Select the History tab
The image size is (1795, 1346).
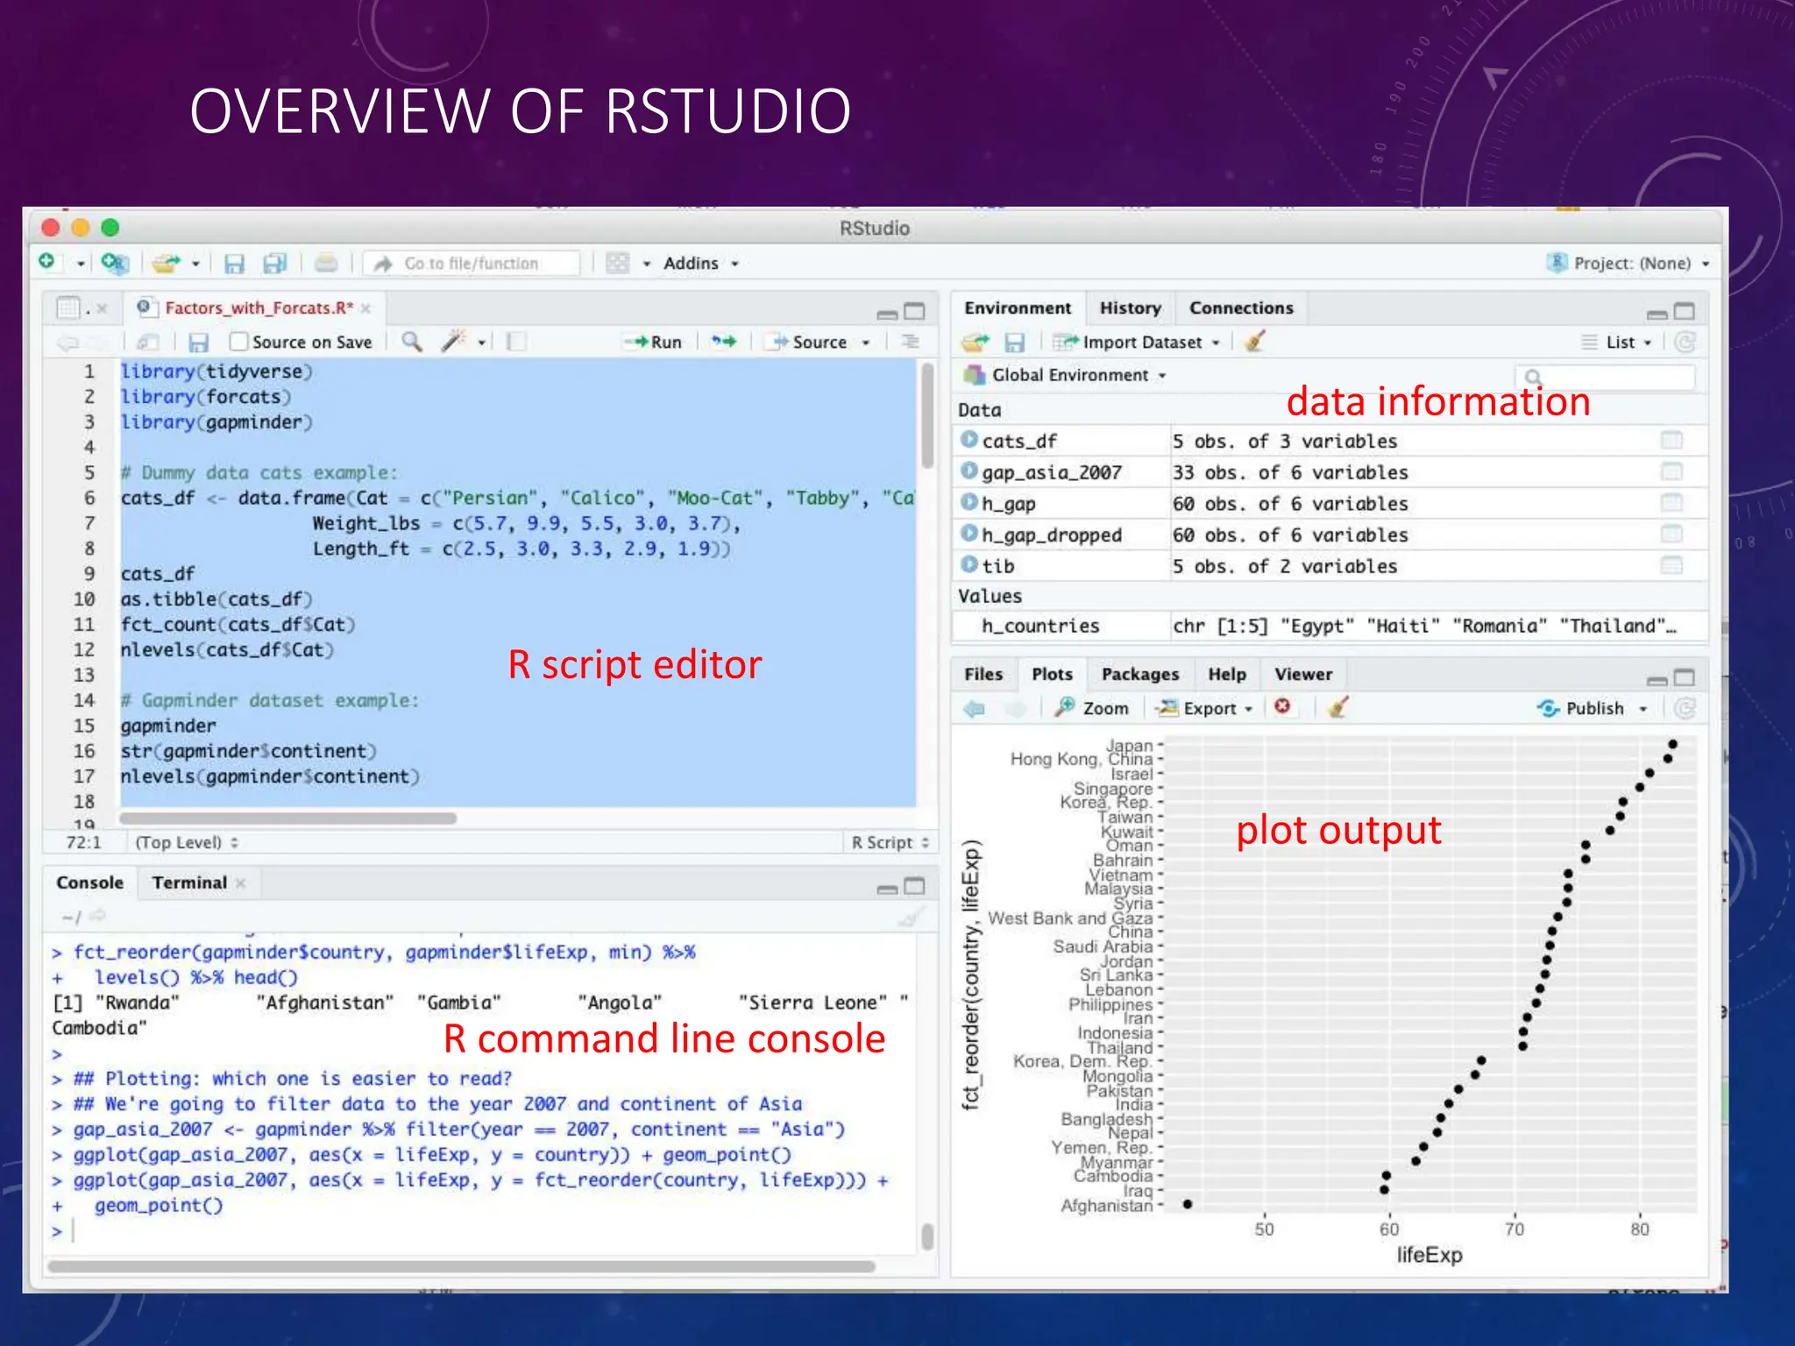[x=1130, y=308]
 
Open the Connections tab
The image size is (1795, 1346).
[x=1241, y=308]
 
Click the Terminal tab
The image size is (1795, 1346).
[x=189, y=882]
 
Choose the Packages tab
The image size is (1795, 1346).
[x=1139, y=674]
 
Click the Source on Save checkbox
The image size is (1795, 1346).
[x=238, y=342]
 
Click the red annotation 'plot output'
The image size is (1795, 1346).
[x=1338, y=830]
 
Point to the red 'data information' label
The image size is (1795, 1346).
[x=1437, y=401]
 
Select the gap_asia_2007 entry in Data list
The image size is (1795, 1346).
[x=1051, y=472]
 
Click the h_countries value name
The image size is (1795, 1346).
[x=1039, y=626]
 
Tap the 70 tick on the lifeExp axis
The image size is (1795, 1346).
[x=1515, y=1229]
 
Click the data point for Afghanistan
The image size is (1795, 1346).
[x=1187, y=1204]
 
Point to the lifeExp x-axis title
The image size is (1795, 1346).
[x=1429, y=1255]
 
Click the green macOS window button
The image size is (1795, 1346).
[x=110, y=228]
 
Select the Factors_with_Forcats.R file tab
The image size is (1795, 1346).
[x=258, y=308]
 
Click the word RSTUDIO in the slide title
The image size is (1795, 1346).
[x=727, y=111]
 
